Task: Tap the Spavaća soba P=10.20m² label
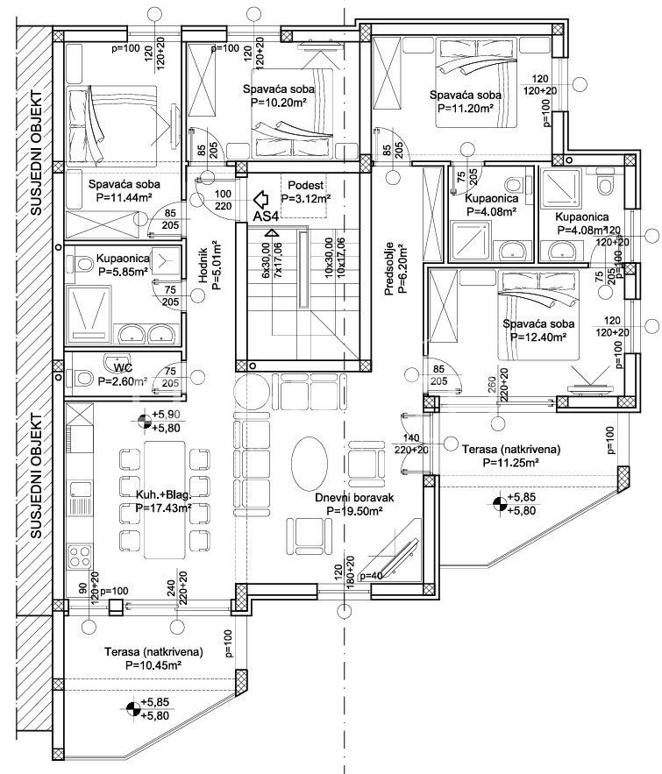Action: point(278,96)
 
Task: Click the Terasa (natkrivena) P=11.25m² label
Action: point(500,456)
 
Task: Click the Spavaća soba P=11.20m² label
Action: point(465,102)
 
